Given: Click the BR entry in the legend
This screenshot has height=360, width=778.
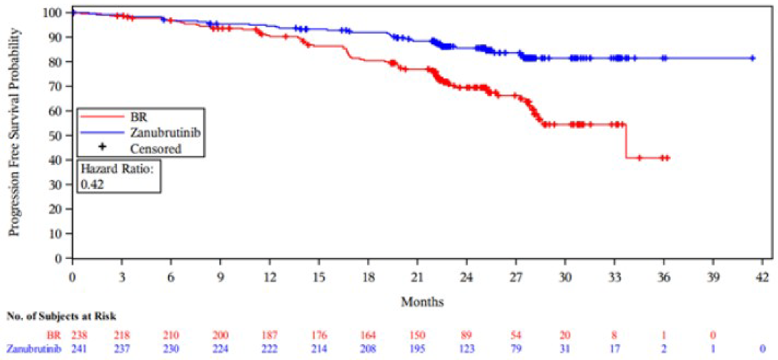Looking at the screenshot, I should pyautogui.click(x=139, y=117).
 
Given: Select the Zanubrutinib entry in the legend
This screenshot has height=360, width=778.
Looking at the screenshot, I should pyautogui.click(x=165, y=133).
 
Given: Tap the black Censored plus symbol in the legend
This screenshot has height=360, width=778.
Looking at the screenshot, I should pyautogui.click(x=102, y=147).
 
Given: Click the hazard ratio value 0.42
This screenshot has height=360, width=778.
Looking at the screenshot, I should pyautogui.click(x=92, y=184).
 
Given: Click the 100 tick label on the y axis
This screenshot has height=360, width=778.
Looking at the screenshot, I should pyautogui.click(x=52, y=13).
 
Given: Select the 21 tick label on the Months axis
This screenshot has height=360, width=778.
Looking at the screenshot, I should pyautogui.click(x=417, y=278).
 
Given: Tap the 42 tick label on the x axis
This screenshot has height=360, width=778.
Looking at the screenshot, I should pyautogui.click(x=762, y=278).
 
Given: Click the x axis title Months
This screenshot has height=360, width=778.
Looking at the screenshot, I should pyautogui.click(x=422, y=302).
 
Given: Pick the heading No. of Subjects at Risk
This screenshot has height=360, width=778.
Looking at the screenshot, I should pyautogui.click(x=61, y=316).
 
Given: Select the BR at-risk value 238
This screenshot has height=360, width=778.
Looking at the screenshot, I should pyautogui.click(x=79, y=335).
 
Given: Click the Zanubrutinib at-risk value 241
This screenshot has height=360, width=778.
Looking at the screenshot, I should pyautogui.click(x=79, y=349).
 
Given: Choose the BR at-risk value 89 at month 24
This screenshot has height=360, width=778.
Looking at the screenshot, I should pyautogui.click(x=466, y=335).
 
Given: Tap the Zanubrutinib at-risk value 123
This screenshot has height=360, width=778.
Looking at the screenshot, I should pyautogui.click(x=466, y=349).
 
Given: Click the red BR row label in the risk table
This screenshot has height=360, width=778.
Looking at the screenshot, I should pyautogui.click(x=54, y=335).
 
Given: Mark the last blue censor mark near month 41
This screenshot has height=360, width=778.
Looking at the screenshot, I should pyautogui.click(x=752, y=58).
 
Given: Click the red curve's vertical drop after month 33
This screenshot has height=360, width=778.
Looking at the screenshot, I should pyautogui.click(x=626, y=142).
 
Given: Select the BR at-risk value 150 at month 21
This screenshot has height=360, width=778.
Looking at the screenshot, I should pyautogui.click(x=417, y=335).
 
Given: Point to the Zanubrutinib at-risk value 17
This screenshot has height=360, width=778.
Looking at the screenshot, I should pyautogui.click(x=614, y=349).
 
